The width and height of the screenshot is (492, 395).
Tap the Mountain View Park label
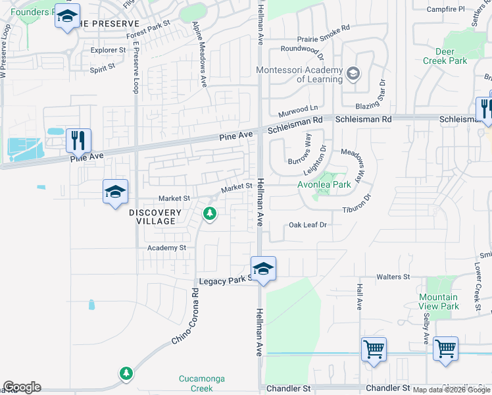[x=439, y=302]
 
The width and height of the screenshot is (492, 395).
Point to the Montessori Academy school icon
[x=354, y=72]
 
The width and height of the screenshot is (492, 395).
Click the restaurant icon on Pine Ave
[x=78, y=140]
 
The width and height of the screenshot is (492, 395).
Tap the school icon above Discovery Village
[x=115, y=192]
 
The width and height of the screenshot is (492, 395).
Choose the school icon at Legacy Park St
[x=263, y=269]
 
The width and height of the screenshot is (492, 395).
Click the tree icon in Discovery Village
[x=210, y=213]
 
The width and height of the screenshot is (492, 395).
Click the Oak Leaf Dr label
[x=308, y=225]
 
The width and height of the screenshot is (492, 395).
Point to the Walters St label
[x=393, y=277]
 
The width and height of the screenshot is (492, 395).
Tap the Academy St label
[x=167, y=248]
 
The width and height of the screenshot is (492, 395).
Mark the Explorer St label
[x=108, y=50]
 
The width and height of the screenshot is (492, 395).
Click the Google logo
[x=22, y=387]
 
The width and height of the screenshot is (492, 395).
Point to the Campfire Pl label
[x=445, y=9]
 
